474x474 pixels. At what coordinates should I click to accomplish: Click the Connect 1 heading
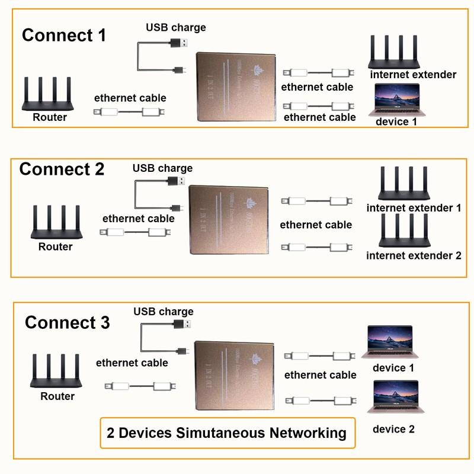pyautogui.click(x=63, y=35)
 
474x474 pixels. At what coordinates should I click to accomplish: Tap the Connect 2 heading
pyautogui.click(x=62, y=169)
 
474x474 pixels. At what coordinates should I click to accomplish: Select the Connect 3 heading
pyautogui.click(x=67, y=323)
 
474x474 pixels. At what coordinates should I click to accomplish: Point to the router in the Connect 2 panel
pyautogui.click(x=55, y=222)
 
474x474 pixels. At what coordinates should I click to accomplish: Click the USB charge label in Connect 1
pyautogui.click(x=176, y=27)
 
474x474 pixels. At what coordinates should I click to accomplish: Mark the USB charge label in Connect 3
pyautogui.click(x=164, y=312)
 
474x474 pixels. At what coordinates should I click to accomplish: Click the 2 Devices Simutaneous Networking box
pyautogui.click(x=227, y=433)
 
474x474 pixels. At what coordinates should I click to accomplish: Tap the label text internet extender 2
pyautogui.click(x=414, y=256)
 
